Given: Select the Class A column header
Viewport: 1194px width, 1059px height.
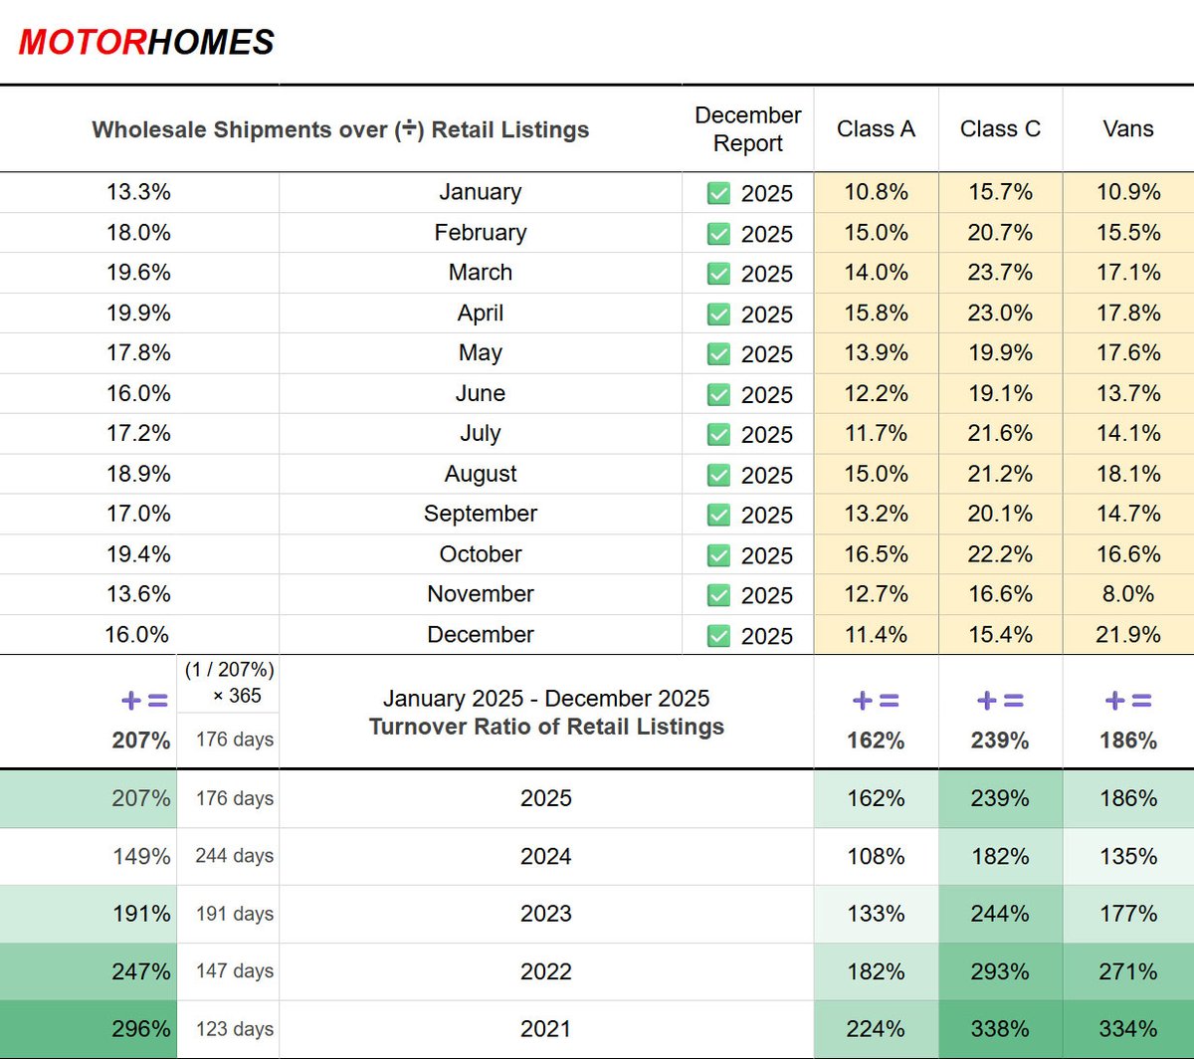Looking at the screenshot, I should pos(876,129).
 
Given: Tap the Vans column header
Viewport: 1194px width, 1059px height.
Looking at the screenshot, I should pos(1128,129).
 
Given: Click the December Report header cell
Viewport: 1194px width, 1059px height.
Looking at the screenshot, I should pos(747,129).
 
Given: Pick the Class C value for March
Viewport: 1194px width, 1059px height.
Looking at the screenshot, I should pos(1000,273).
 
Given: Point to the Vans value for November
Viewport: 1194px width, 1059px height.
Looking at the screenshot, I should pos(1128,594).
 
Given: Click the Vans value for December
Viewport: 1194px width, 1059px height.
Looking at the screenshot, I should pos(1128,635).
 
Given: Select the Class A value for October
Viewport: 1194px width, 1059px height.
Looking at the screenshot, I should pos(876,554).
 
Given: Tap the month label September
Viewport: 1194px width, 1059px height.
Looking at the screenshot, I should pos(480,514).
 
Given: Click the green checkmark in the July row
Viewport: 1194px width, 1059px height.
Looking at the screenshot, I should pos(718,434).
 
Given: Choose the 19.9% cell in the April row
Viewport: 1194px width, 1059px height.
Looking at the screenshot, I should pos(138,313).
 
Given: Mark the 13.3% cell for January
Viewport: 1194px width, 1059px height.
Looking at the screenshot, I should pos(138,192).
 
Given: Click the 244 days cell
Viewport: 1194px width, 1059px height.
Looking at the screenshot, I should pos(234,856).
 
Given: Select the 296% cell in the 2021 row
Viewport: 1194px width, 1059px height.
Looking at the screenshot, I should pos(141,1029).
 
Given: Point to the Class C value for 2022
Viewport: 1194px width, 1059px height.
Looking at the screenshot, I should pos(1000,971).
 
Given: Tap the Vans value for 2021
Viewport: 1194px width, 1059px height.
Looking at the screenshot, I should pos(1128,1029).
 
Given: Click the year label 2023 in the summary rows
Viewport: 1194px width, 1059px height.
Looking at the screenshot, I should pos(545,914).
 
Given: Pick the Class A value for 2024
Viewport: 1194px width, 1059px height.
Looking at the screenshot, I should pos(876,856).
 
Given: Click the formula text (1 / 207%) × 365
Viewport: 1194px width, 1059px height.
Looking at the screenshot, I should pos(229,683).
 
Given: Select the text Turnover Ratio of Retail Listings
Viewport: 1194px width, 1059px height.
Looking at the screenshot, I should pos(546,728).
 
